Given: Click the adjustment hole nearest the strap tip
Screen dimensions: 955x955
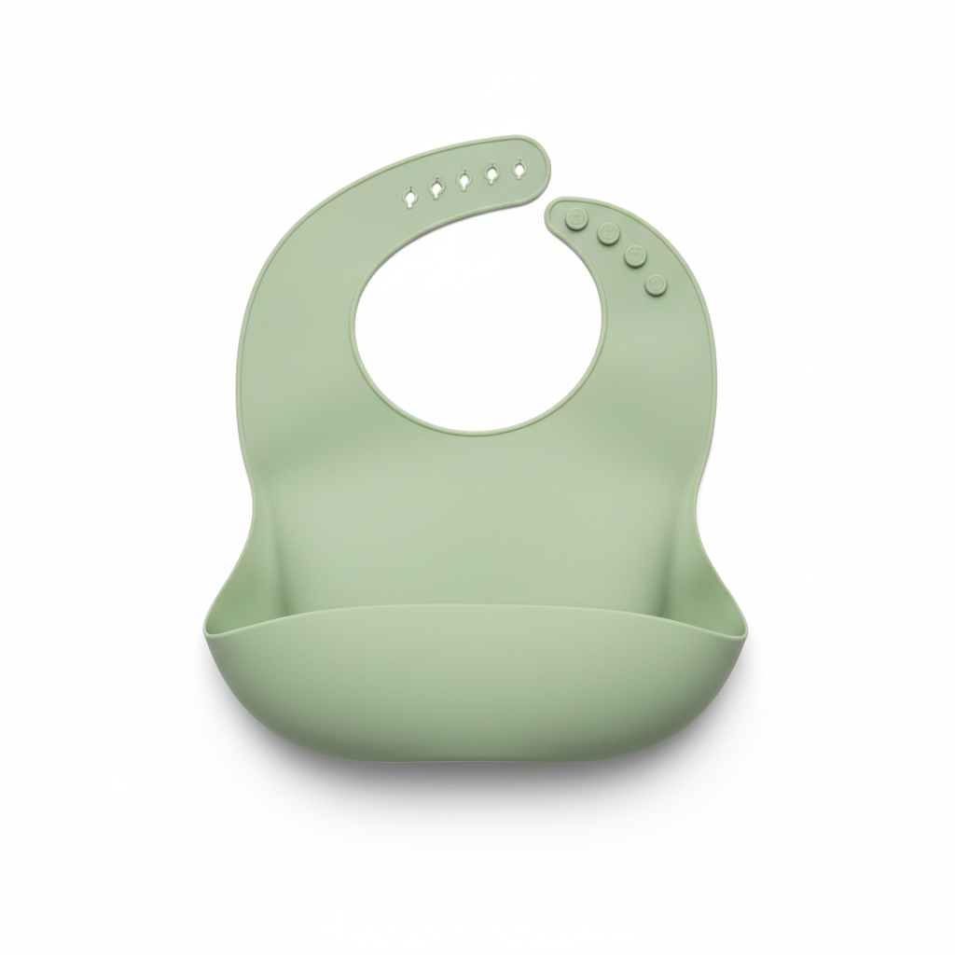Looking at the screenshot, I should point(519,169).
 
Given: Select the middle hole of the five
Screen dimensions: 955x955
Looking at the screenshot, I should point(464,180).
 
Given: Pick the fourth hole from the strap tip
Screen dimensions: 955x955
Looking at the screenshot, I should point(436,187).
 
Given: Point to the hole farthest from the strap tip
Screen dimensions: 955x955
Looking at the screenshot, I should point(408,198).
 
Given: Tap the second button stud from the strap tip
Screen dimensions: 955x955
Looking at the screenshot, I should point(608,232).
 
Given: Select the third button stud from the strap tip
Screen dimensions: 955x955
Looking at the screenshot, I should point(636,253).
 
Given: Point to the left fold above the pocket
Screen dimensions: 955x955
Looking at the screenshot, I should point(266,569).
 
